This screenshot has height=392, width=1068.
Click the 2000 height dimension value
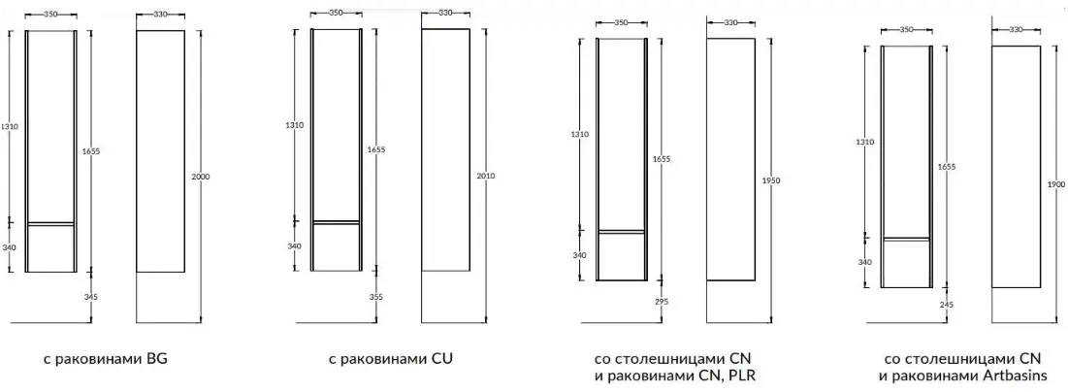(201, 177)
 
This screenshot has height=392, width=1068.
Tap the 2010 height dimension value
(486, 176)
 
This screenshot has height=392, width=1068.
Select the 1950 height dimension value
(771, 180)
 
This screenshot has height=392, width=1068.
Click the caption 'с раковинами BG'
(105, 359)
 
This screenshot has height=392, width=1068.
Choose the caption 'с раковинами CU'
(390, 359)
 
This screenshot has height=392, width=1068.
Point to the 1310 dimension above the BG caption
(10, 127)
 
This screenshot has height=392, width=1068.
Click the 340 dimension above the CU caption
(295, 246)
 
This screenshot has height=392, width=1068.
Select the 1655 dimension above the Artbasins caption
(946, 167)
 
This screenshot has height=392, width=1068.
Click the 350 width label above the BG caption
(50, 15)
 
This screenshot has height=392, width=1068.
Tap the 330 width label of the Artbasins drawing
(1016, 29)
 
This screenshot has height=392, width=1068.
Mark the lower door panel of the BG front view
(50, 248)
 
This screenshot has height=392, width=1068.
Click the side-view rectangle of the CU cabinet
(445, 149)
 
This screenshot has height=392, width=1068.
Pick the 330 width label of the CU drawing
(445, 13)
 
